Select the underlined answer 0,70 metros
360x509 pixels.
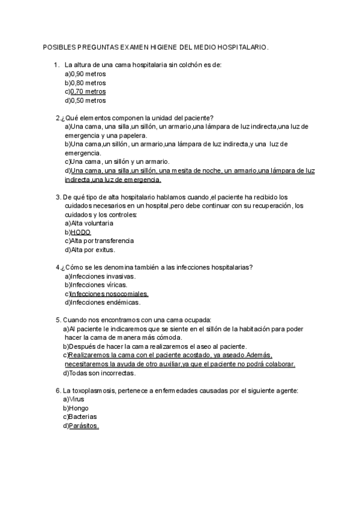click(x=88, y=92)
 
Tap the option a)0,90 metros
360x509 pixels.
click(x=85, y=73)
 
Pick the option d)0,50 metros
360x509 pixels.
click(x=85, y=101)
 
